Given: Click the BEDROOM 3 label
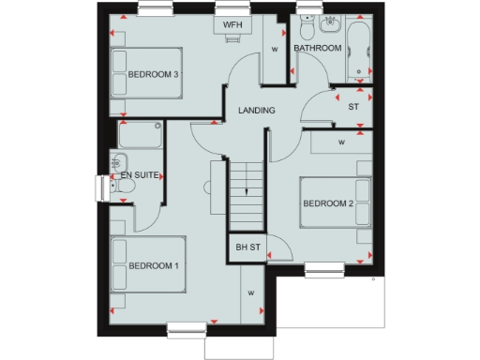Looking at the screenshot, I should (154, 75).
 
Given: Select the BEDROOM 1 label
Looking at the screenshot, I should (154, 266).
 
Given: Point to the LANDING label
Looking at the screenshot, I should (256, 111).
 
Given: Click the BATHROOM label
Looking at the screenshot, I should (317, 47).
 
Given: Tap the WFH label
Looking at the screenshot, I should (232, 25).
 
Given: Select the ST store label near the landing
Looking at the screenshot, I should (353, 107).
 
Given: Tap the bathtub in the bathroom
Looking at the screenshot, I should (358, 51).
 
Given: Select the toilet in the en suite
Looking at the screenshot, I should (125, 187).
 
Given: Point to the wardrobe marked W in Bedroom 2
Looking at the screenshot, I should (341, 142).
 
